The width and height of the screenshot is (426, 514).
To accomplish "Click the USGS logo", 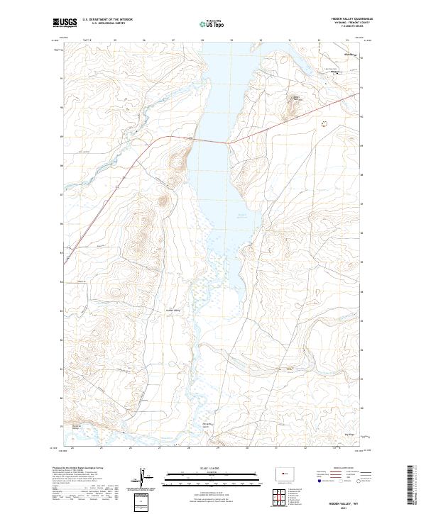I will pyautogui.click(x=65, y=23).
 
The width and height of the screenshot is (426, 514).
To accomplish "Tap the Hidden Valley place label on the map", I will pyautogui.click(x=173, y=310).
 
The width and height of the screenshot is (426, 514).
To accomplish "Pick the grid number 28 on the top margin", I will pyautogui.click(x=203, y=41).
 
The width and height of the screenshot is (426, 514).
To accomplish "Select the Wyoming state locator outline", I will pyautogui.click(x=282, y=471).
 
